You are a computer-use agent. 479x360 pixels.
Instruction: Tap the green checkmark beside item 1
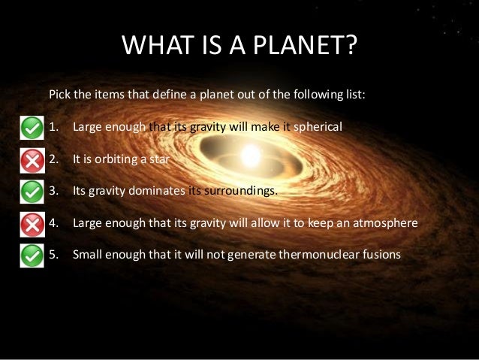(31, 128)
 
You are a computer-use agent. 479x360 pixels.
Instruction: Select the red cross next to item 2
(31, 160)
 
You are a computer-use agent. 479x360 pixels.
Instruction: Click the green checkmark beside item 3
(31, 192)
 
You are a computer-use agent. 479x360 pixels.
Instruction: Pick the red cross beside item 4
(31, 223)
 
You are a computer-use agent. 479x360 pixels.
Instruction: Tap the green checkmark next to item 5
(31, 255)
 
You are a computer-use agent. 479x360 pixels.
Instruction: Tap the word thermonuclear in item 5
(315, 254)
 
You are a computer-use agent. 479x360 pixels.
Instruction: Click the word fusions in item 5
(378, 254)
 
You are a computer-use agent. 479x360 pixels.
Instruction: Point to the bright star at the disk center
(250, 156)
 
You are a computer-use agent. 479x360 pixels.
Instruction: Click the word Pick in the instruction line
(59, 95)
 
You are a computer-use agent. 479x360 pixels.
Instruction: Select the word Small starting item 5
(88, 254)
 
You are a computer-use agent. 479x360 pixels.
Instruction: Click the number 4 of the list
(52, 222)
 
